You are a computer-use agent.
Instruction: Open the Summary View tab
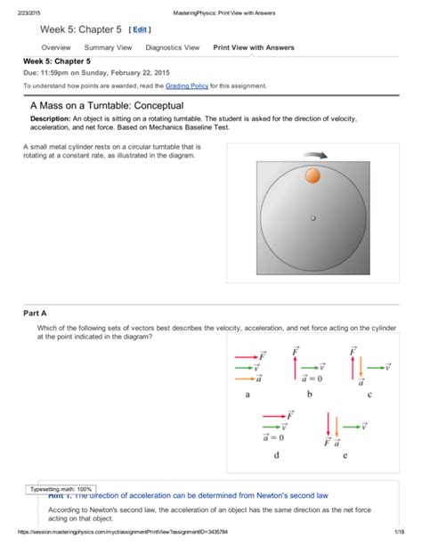pos(108,47)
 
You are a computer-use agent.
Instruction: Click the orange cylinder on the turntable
pos(312,175)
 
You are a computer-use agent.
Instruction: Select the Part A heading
pos(37,314)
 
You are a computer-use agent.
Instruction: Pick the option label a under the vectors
pos(247,393)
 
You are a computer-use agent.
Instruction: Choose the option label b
pos(308,393)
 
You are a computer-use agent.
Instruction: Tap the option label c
pos(369,393)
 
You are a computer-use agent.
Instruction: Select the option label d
pos(276,453)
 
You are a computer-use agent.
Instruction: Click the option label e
pos(345,453)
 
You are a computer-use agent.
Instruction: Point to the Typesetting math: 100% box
pos(61,489)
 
